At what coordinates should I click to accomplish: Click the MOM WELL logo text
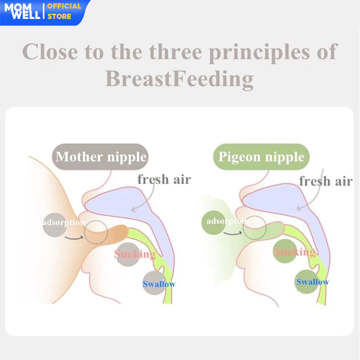pyautogui.click(x=22, y=12)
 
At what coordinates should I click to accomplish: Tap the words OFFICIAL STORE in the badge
pyautogui.click(x=64, y=11)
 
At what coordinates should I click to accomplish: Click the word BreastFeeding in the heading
pyautogui.click(x=179, y=79)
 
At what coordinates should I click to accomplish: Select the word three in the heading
pyautogui.click(x=175, y=52)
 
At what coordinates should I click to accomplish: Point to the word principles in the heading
pyautogui.click(x=259, y=53)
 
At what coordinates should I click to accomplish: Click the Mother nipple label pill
pyautogui.click(x=100, y=157)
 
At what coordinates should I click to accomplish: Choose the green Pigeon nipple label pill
pyautogui.click(x=261, y=157)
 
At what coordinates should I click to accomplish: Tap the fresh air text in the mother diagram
pyautogui.click(x=164, y=179)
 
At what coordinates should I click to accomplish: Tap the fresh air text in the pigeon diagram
pyautogui.click(x=326, y=181)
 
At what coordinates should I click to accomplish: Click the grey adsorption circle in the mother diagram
pyautogui.click(x=54, y=225)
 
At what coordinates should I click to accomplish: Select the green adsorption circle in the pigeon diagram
pyautogui.click(x=213, y=222)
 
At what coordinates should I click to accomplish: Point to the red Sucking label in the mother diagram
pyautogui.click(x=135, y=254)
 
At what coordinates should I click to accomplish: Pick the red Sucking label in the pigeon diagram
pyautogui.click(x=295, y=252)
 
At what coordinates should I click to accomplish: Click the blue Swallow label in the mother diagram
pyautogui.click(x=159, y=284)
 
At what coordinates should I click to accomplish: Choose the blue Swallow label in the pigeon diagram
pyautogui.click(x=312, y=282)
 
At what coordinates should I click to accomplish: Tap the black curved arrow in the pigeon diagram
pyautogui.click(x=232, y=234)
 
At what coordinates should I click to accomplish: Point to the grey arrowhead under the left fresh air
pyautogui.click(x=133, y=209)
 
